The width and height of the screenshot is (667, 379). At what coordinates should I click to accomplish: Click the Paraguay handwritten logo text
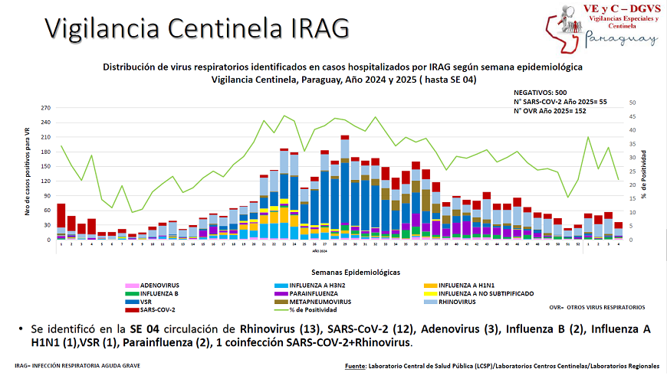622,40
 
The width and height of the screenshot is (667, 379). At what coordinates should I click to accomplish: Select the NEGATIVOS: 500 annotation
540,91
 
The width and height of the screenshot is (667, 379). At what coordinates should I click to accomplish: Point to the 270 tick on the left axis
45,108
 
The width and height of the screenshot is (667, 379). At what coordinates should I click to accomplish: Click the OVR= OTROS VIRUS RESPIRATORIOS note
597,307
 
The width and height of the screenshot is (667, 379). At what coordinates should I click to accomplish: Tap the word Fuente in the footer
355,366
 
